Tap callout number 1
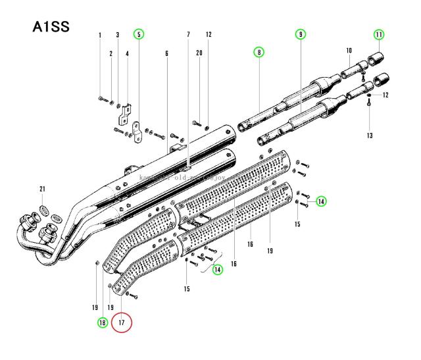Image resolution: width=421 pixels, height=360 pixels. pyautogui.click(x=100, y=34)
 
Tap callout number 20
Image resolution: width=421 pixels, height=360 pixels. pyautogui.click(x=199, y=53)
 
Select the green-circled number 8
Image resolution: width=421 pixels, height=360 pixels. pyautogui.click(x=259, y=53)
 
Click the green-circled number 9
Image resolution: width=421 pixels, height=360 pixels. pyautogui.click(x=301, y=34)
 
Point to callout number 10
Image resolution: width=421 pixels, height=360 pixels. pyautogui.click(x=349, y=50)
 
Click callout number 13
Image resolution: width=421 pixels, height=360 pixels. pyautogui.click(x=370, y=136)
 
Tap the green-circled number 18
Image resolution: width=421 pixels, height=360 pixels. pyautogui.click(x=102, y=322)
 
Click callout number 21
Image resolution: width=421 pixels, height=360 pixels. pyautogui.click(x=43, y=190)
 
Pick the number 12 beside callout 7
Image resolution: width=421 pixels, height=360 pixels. pyautogui.click(x=209, y=34)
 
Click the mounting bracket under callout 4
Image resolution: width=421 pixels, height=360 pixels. pyautogui.click(x=125, y=115)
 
